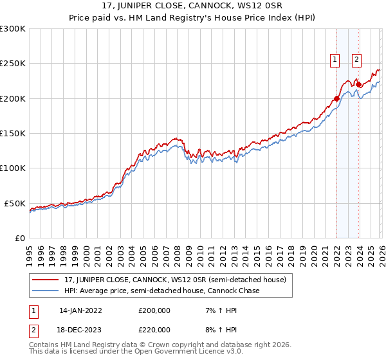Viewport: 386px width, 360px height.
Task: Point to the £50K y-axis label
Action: [x=14, y=203]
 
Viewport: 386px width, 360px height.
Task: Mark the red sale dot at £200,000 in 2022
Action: [x=336, y=98]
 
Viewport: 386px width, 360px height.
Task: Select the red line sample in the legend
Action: [x=46, y=280]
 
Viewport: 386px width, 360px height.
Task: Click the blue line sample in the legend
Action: [x=46, y=291]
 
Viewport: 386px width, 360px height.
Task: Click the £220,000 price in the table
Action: [x=154, y=329]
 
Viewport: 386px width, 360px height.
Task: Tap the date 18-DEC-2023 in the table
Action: [x=80, y=329]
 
